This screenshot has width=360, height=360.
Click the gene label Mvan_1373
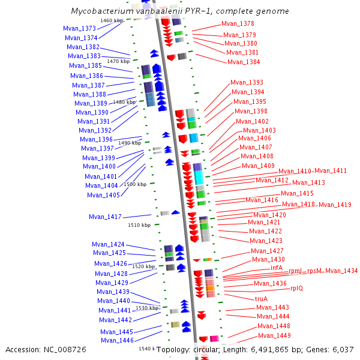coord(79,28)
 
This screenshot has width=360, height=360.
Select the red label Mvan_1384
coord(244,62)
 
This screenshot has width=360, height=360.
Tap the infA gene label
coord(277,268)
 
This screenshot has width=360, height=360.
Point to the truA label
coord(261,299)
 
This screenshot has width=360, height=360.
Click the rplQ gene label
coord(296,289)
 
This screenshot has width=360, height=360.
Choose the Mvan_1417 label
coord(105,217)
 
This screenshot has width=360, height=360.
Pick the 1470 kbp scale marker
coord(118,61)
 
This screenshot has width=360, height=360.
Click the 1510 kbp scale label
coord(139,225)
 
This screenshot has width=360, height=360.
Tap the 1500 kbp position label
coord(135,184)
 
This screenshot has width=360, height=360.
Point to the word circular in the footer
coord(205,350)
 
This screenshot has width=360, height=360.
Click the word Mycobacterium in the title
coord(102,11)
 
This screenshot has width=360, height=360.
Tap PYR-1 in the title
coord(197,11)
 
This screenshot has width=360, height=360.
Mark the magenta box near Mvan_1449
coord(214,338)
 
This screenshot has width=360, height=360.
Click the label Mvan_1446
coord(117,340)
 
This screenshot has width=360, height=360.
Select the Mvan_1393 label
coord(247,82)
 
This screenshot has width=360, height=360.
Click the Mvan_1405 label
coord(103,195)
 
